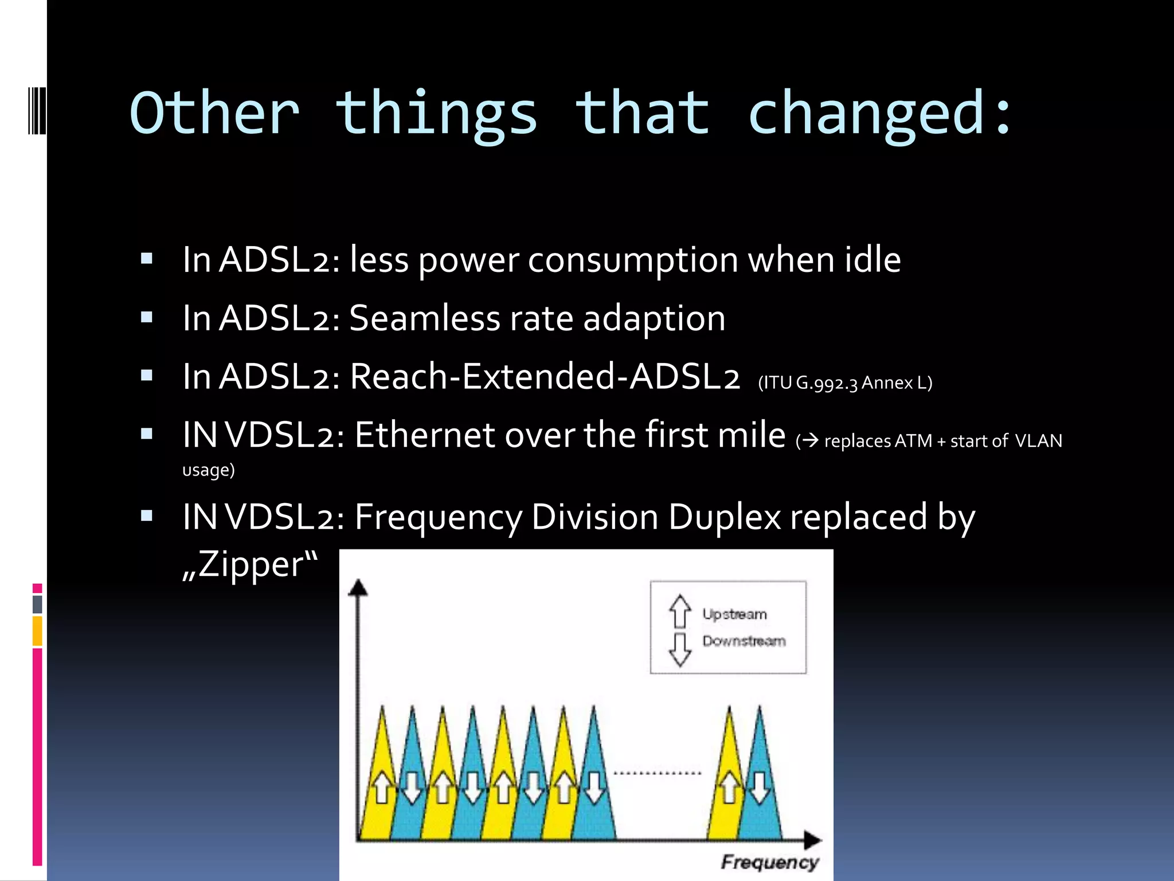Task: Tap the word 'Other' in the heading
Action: click(x=215, y=114)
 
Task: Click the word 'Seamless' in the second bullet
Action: click(x=424, y=318)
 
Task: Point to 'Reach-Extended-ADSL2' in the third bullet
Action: click(x=545, y=377)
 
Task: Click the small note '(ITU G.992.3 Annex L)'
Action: click(x=845, y=383)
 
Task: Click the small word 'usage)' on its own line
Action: click(x=209, y=470)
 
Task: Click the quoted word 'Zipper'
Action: click(x=251, y=565)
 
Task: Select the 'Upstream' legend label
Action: click(x=734, y=614)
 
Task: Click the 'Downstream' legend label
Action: click(x=743, y=641)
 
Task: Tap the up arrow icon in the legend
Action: click(x=680, y=611)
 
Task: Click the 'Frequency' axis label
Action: click(x=769, y=862)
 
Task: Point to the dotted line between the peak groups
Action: click(x=657, y=773)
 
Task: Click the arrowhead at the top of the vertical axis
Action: click(x=358, y=587)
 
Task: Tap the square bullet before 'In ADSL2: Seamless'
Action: click(x=147, y=317)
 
